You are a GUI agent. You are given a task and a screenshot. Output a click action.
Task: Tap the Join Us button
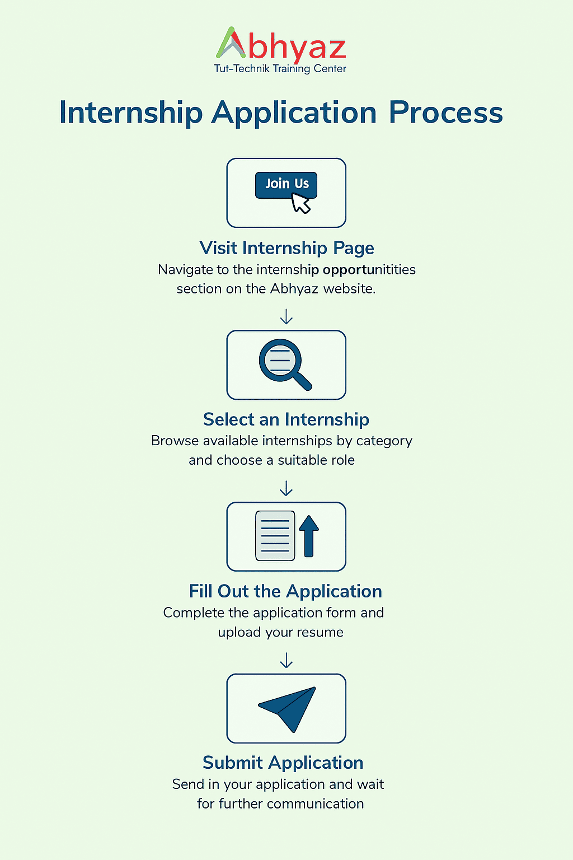pyautogui.click(x=286, y=185)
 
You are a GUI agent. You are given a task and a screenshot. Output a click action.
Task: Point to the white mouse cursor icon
pyautogui.click(x=300, y=203)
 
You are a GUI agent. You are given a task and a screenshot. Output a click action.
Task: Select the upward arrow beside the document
pyautogui.click(x=309, y=536)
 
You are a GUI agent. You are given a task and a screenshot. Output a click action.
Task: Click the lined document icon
pyautogui.click(x=275, y=536)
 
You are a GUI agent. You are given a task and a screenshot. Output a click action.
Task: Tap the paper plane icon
pyautogui.click(x=286, y=709)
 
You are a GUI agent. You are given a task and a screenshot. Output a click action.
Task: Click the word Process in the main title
pyautogui.click(x=445, y=113)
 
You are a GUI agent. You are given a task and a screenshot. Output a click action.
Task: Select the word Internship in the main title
pyautogui.click(x=131, y=113)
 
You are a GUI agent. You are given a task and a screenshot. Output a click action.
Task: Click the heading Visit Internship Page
pyautogui.click(x=286, y=248)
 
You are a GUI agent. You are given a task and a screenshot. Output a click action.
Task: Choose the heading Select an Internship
pyautogui.click(x=286, y=419)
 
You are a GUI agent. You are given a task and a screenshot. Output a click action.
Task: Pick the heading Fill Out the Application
pyautogui.click(x=285, y=591)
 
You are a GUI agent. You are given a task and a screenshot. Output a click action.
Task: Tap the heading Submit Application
pyautogui.click(x=283, y=763)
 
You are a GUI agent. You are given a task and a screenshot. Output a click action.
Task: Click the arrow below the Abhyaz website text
pyautogui.click(x=286, y=317)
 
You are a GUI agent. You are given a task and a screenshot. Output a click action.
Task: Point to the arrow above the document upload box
pyautogui.click(x=286, y=488)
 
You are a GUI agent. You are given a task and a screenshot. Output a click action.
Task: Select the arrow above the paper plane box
pyautogui.click(x=286, y=660)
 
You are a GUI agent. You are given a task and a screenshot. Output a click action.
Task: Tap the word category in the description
pyautogui.click(x=384, y=441)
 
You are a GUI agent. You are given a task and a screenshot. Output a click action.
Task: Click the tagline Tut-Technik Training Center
pyautogui.click(x=280, y=69)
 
